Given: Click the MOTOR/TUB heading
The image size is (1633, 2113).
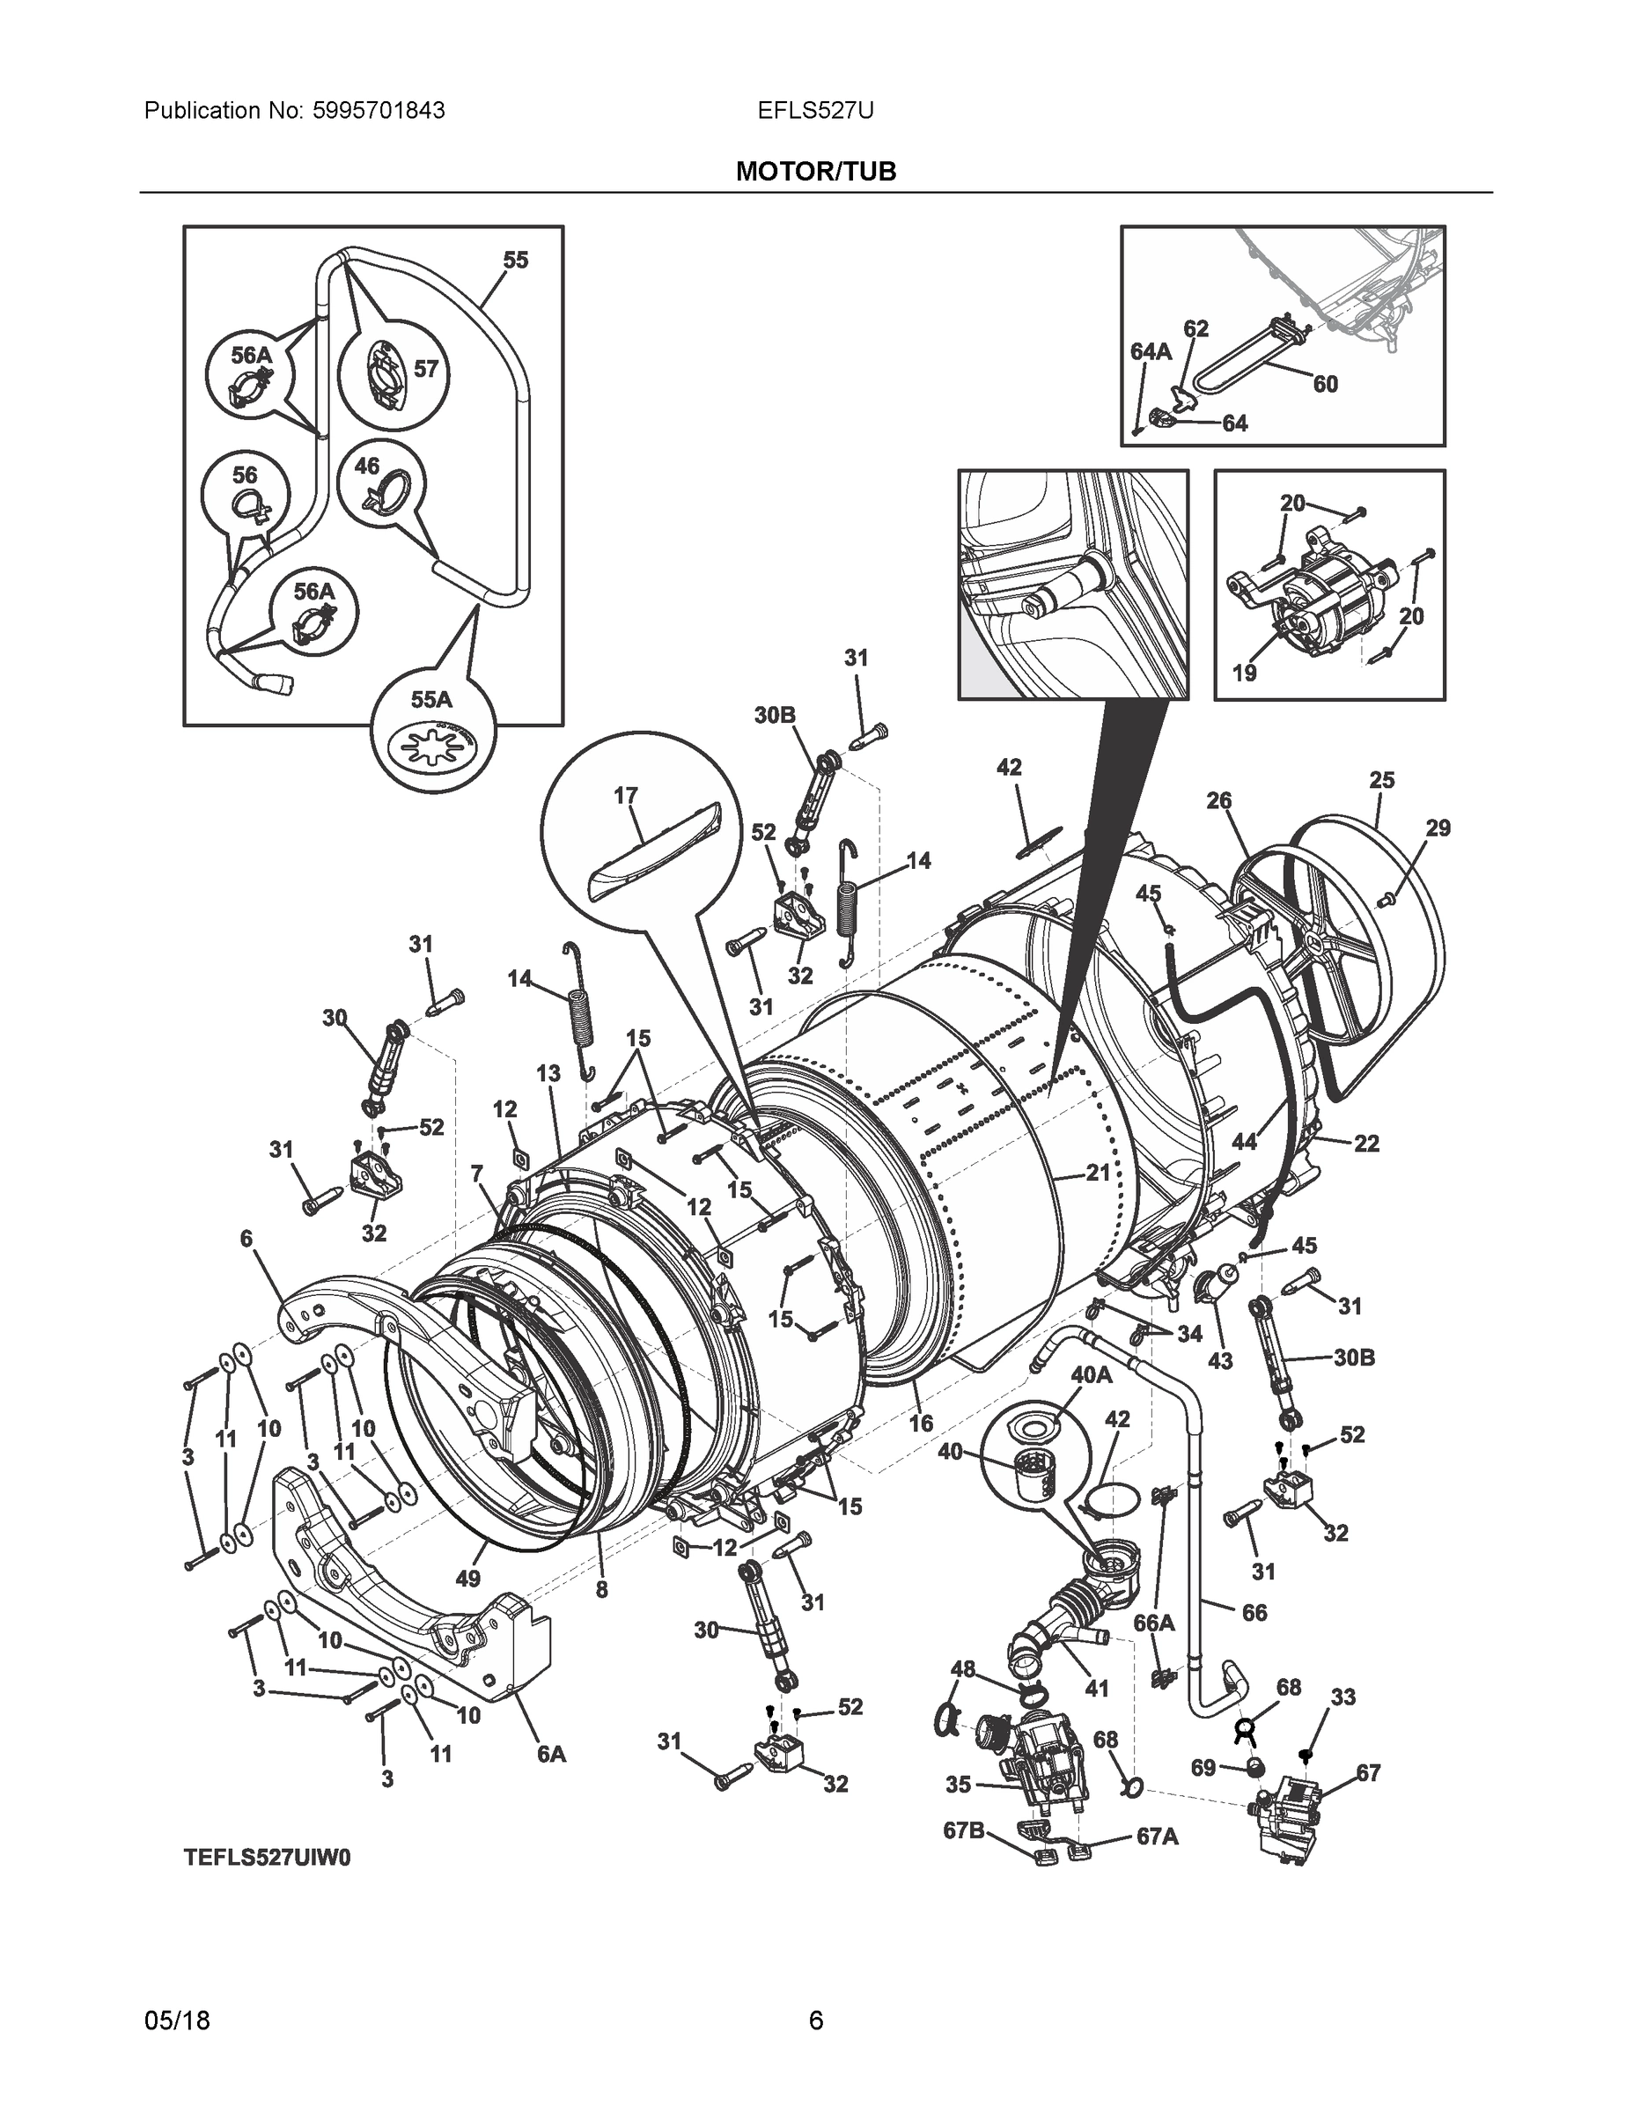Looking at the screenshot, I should tap(815, 173).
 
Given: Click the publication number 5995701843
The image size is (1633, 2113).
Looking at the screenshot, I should tap(378, 111).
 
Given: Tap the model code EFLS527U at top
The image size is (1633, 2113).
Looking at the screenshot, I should tap(815, 111).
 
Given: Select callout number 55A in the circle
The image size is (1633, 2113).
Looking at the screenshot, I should tap(431, 698).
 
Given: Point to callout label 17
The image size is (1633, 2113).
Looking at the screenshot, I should tap(626, 795).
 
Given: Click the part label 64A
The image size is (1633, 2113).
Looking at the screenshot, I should tap(1151, 351).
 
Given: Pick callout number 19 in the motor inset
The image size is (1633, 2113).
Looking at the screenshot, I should tap(1244, 672).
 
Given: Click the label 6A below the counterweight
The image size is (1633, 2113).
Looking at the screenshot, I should tap(551, 1753).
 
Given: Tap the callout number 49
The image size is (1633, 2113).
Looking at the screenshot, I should tap(467, 1579).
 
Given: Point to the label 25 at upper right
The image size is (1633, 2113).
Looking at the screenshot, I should tap(1381, 779).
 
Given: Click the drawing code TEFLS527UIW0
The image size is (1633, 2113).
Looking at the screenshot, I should tap(267, 1859).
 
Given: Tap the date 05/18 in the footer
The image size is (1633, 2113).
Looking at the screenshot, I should tap(177, 2021).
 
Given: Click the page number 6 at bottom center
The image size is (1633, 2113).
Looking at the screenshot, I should tap(815, 2021).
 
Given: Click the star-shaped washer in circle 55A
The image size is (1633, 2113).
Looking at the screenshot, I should tap(432, 750).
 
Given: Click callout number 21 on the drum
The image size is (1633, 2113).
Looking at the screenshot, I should tap(1097, 1173).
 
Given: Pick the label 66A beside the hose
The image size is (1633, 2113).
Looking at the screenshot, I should tap(1153, 1623).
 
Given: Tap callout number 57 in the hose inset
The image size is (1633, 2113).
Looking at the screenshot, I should tap(427, 369).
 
